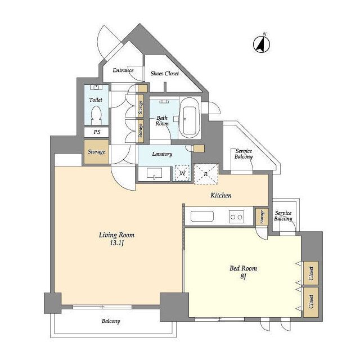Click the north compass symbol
point(262,43)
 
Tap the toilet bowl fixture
point(96,116)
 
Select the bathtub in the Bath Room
point(190,118)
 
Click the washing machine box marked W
point(182,173)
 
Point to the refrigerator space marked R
point(206,174)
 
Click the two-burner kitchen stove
point(236,217)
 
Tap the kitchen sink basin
point(202,216)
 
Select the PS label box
point(96,132)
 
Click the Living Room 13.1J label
point(116,238)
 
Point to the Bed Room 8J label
point(244,272)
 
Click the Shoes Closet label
point(165,74)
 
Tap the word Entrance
point(123,70)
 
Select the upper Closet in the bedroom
point(311,273)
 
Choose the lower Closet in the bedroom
point(311,302)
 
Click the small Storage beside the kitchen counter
point(262,217)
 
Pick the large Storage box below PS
point(96,152)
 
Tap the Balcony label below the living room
point(111,321)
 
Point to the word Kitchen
point(221,195)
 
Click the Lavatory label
point(162,154)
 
